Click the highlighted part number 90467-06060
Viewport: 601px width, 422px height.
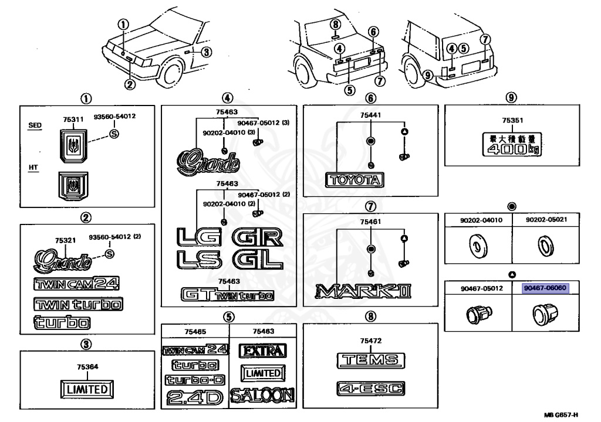coord(546,288)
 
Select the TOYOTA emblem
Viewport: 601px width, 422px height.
coord(354,180)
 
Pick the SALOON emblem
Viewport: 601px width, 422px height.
coord(262,396)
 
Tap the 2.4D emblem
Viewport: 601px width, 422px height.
coord(194,397)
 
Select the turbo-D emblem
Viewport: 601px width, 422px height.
coord(195,380)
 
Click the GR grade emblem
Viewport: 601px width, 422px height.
coord(259,237)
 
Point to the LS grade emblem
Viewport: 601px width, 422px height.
coord(198,259)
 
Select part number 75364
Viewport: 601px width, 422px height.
coord(87,367)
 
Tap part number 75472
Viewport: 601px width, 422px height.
coord(371,340)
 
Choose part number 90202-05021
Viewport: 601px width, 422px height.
coord(546,220)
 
